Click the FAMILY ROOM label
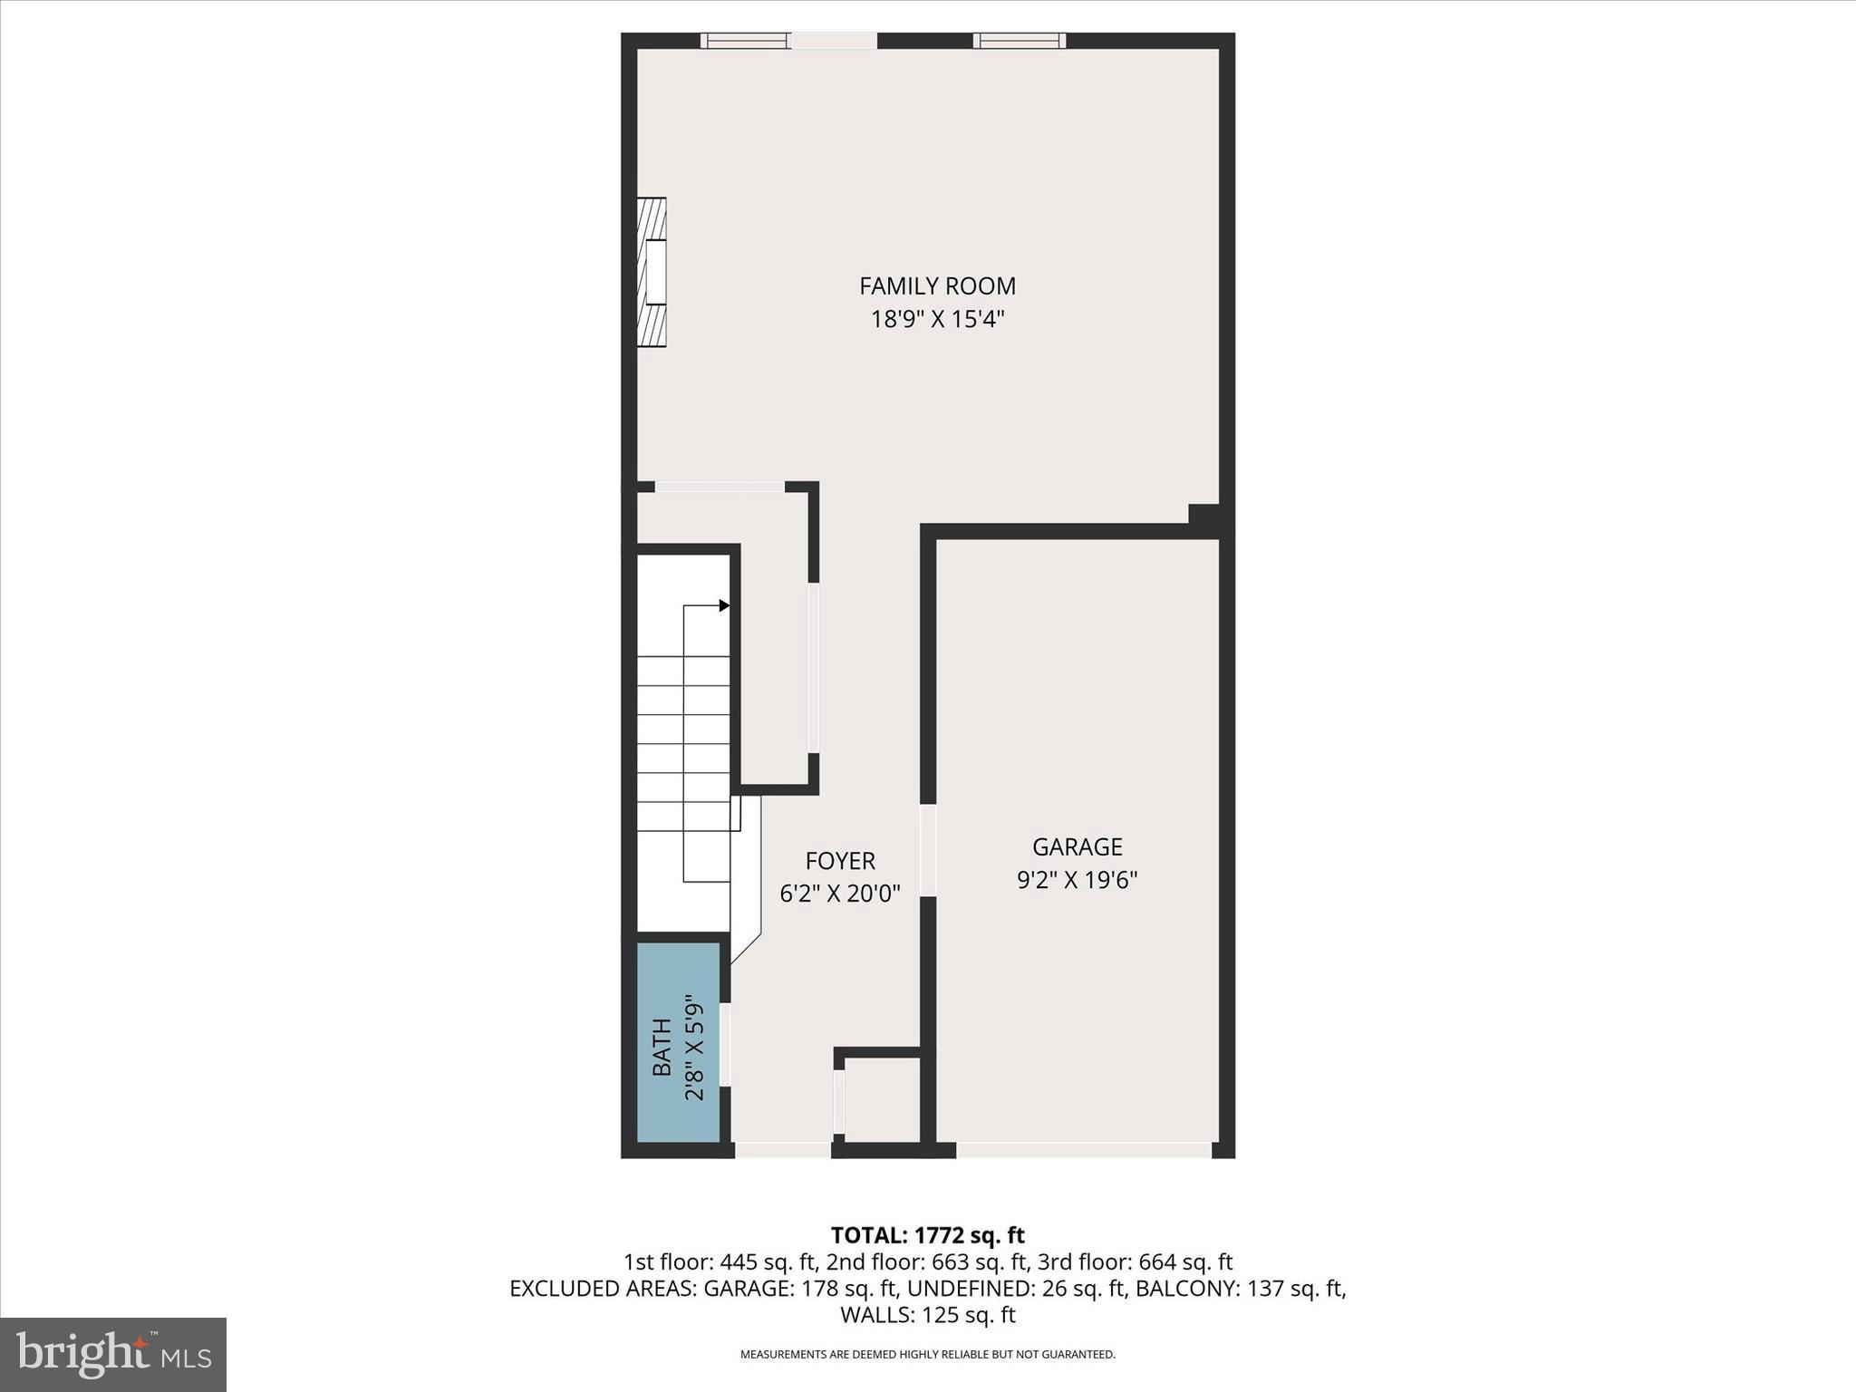coord(937,286)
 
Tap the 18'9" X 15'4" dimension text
coord(937,320)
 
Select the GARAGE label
coord(1077,846)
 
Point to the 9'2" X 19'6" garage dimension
coord(1077,880)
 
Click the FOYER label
coord(840,861)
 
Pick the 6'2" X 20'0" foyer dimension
coord(840,894)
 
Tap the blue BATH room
coord(678,1042)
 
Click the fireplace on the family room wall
coord(652,273)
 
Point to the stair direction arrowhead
coord(724,605)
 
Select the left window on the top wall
coord(745,41)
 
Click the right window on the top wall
coord(1019,41)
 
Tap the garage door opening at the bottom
coord(1083,1150)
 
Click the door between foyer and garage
coord(927,850)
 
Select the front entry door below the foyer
coord(782,1150)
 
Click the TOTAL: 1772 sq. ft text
coord(927,1235)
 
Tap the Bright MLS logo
coord(113,1354)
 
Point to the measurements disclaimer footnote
coord(927,1355)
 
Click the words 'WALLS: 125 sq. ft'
coord(927,1315)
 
